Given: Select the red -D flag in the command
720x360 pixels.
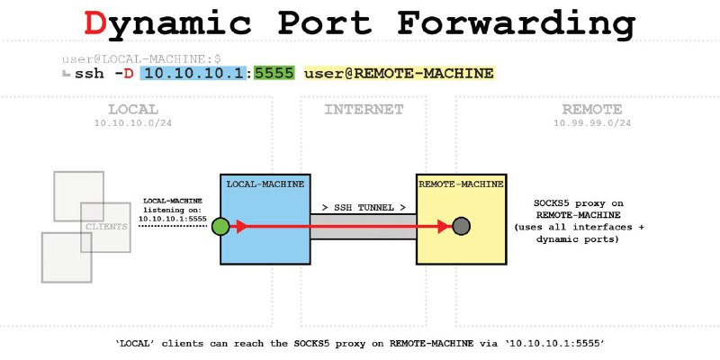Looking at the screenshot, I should click(126, 73).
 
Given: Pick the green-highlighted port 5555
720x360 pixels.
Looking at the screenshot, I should click(274, 73).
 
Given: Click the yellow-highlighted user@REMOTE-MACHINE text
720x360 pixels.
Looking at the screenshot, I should click(400, 73).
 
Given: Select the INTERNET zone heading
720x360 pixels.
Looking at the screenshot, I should click(364, 109).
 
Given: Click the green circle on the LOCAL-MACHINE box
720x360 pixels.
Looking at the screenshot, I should click(220, 227).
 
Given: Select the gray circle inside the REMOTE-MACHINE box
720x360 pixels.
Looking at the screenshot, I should click(462, 227).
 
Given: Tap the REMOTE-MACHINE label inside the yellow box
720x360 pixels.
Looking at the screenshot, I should click(459, 184).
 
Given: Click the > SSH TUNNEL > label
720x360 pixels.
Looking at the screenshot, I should click(364, 207).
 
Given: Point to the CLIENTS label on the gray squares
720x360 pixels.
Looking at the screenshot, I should click(106, 226).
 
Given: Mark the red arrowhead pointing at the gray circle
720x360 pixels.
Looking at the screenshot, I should click(445, 227).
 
